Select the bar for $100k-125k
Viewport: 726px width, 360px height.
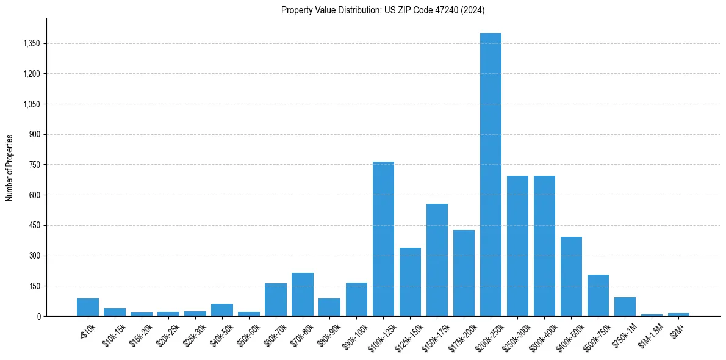383,239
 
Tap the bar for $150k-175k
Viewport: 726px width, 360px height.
437,260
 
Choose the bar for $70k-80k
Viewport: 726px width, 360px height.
303,294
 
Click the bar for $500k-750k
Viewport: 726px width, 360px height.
598,295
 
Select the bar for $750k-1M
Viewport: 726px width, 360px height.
625,306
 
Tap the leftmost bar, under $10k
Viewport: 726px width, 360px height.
88,307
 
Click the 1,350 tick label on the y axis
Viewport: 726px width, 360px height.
31,44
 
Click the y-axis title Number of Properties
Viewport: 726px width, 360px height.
9,167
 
